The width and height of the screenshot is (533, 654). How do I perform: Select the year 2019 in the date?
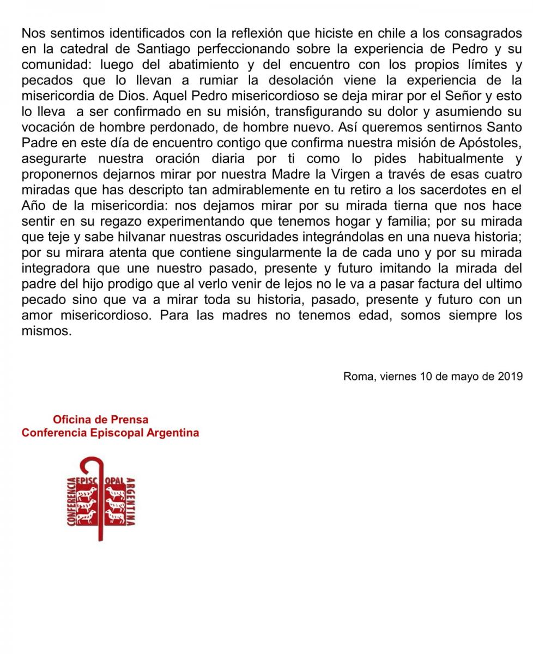[x=511, y=376]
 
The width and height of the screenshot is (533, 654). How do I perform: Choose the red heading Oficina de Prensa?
[x=100, y=420]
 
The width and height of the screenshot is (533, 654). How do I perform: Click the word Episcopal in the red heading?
[x=112, y=433]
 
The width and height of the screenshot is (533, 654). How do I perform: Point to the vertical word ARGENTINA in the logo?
[x=131, y=501]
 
